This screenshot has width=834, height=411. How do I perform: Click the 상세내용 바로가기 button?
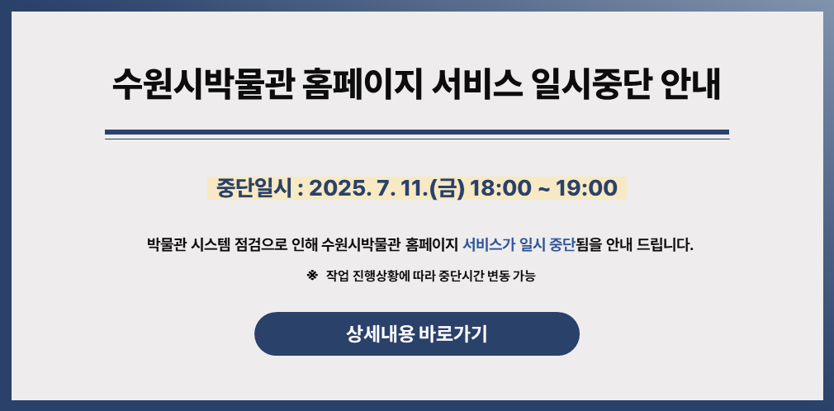tap(417, 334)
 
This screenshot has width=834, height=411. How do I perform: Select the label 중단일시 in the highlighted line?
tap(254, 188)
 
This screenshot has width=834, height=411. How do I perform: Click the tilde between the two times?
tap(543, 189)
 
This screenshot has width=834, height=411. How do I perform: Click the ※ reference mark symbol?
tap(312, 276)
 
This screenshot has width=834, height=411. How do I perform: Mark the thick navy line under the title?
tap(417, 132)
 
